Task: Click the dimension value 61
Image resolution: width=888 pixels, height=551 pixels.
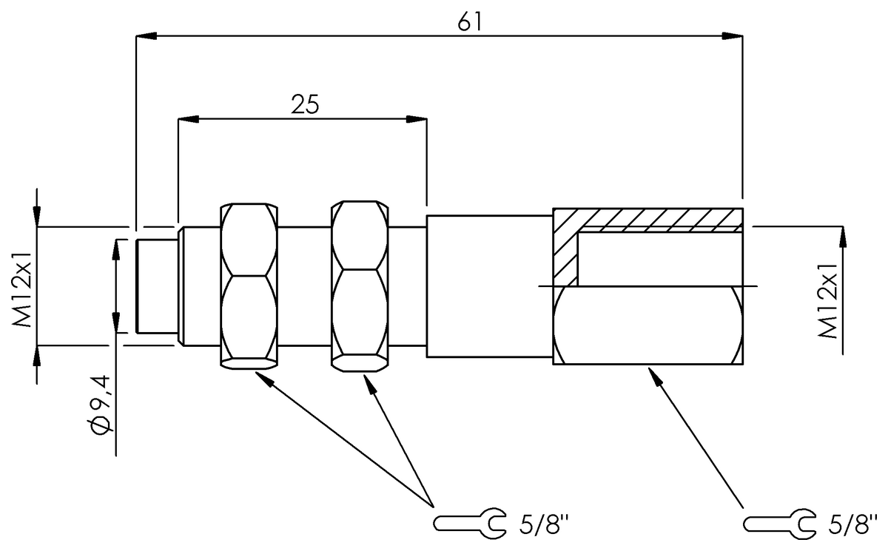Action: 470,22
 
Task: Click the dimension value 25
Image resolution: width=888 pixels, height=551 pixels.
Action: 303,104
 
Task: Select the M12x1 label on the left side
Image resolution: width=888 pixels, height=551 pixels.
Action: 22,285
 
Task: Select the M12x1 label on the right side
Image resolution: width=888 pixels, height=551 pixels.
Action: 830,300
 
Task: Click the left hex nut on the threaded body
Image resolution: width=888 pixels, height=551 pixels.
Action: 249,285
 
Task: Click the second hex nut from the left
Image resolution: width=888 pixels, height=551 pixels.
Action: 360,285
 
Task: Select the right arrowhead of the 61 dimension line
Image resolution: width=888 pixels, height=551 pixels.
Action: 733,35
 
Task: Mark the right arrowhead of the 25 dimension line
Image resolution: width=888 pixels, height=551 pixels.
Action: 417,118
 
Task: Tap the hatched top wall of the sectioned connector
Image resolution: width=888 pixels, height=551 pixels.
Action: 651,219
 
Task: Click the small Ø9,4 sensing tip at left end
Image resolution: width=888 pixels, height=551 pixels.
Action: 158,285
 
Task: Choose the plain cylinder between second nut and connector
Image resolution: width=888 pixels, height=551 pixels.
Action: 489,285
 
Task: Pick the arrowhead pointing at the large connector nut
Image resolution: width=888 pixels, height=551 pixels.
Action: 653,375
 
